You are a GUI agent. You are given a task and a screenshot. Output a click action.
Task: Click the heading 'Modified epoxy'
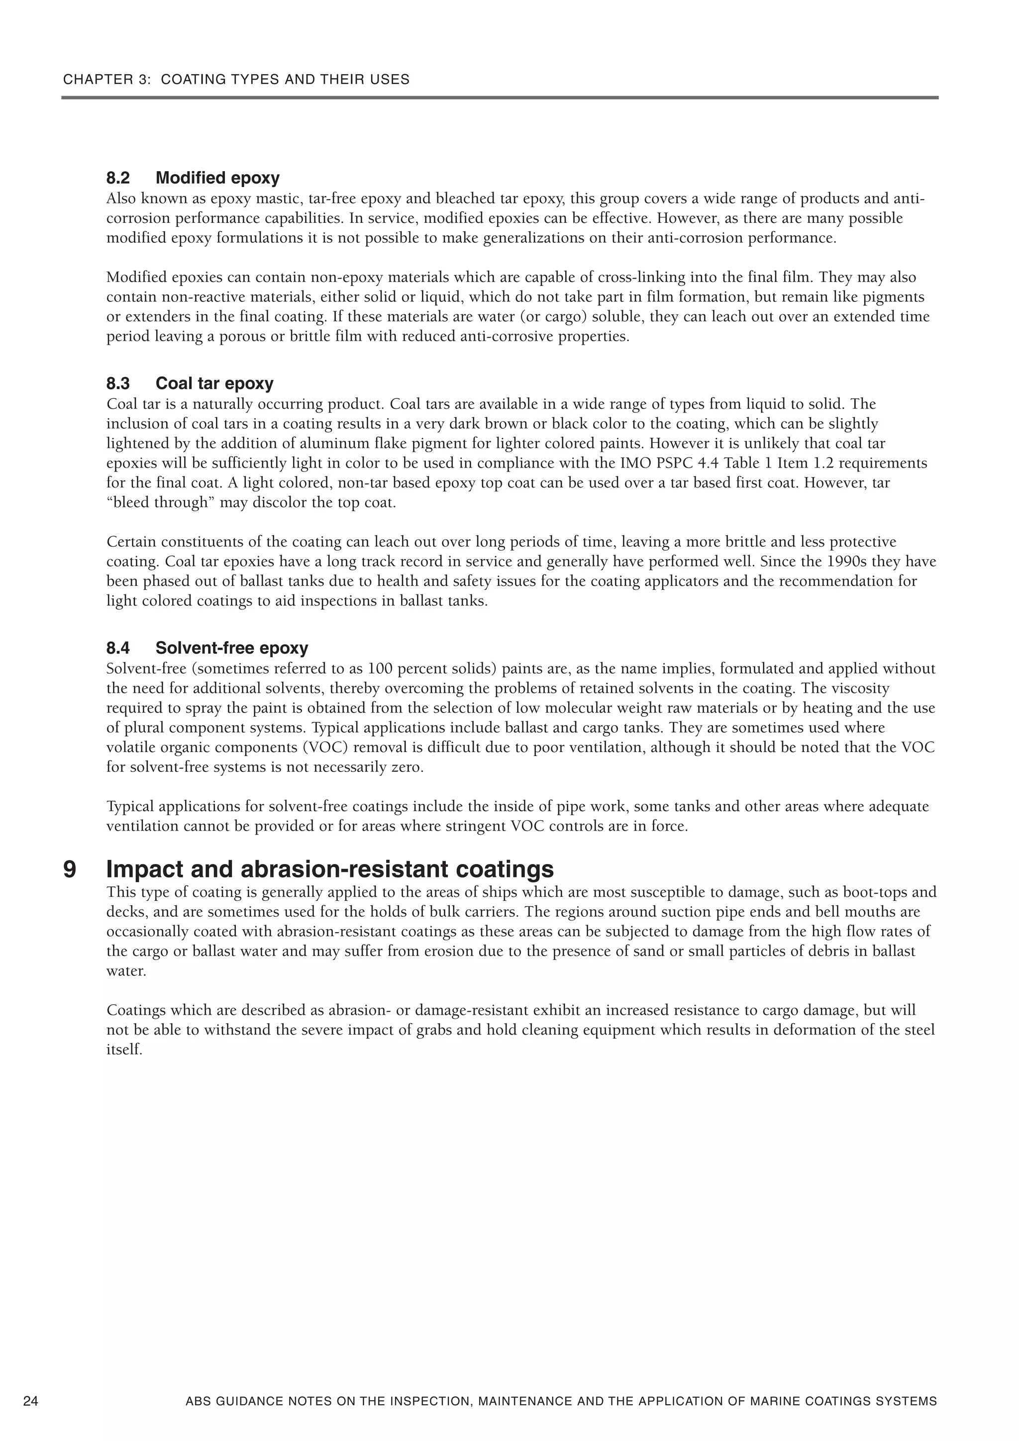(217, 178)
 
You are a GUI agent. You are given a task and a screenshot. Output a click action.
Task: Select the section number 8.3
(118, 384)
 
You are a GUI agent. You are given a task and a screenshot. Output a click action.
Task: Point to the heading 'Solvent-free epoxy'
(232, 648)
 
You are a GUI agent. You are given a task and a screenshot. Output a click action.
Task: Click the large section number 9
(70, 869)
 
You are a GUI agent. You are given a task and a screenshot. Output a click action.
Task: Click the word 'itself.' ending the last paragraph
(124, 1050)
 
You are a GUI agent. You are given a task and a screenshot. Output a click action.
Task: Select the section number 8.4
(118, 648)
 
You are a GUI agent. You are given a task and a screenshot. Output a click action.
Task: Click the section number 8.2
(118, 178)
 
